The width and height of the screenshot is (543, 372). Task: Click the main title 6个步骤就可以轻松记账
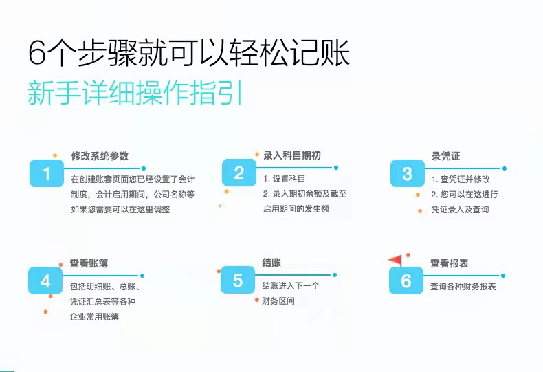click(189, 53)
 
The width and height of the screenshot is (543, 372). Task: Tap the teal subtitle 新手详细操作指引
click(135, 92)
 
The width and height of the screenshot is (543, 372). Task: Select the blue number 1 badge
click(47, 173)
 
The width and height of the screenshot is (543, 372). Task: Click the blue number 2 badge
click(239, 173)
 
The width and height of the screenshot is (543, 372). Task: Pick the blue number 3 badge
click(407, 173)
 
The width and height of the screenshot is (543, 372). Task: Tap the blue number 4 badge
click(45, 281)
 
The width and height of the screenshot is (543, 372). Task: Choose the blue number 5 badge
click(238, 280)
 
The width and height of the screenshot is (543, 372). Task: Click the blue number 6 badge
click(406, 281)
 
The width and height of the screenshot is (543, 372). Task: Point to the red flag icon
click(396, 260)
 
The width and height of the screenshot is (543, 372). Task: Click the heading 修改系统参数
click(100, 156)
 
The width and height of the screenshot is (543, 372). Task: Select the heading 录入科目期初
click(292, 155)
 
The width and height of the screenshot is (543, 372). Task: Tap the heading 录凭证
click(445, 156)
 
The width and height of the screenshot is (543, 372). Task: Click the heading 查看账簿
click(89, 263)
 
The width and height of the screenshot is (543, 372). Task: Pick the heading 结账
click(271, 263)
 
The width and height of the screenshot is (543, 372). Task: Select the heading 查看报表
click(449, 263)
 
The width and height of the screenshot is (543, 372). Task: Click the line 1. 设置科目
click(284, 179)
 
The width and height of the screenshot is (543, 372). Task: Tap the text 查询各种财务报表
click(463, 287)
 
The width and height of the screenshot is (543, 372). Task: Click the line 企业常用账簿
click(94, 316)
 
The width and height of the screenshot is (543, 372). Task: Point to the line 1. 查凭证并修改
click(461, 179)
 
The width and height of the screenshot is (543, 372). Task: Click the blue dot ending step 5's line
click(335, 275)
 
